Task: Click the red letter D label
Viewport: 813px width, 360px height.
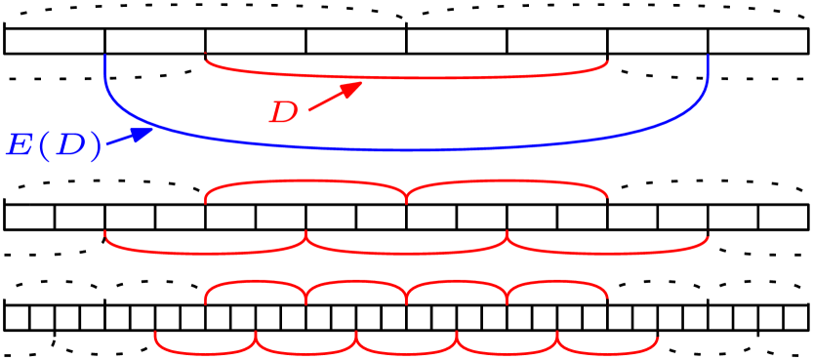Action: (283, 113)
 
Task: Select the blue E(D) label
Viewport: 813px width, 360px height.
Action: (54, 146)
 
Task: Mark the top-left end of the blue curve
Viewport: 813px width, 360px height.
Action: (105, 57)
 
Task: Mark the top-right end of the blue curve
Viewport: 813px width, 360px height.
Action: (708, 57)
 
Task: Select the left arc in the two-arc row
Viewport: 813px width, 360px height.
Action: (305, 181)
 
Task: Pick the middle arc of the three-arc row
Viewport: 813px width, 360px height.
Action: (406, 253)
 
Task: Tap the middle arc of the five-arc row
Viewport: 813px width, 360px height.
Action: (406, 353)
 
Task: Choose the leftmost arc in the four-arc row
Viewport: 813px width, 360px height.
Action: (256, 282)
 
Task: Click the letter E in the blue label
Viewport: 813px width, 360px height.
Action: (19, 146)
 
